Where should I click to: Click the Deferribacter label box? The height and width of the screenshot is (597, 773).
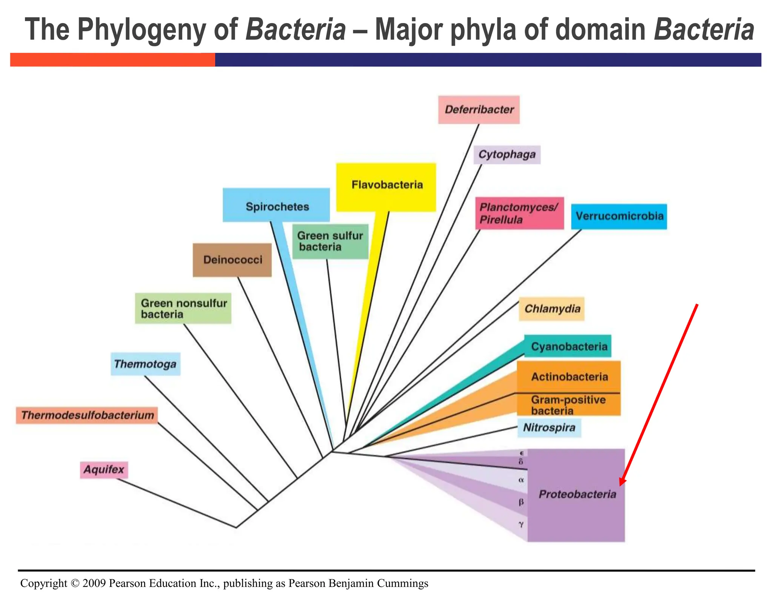click(479, 110)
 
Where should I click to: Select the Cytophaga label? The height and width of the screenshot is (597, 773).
click(507, 155)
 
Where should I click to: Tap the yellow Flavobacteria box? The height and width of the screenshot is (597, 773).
click(386, 186)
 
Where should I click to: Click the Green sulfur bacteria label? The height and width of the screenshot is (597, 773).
click(330, 242)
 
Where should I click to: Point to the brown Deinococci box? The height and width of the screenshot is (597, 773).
click(232, 260)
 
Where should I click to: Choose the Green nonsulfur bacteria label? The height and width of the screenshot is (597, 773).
click(183, 309)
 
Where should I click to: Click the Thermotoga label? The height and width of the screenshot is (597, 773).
click(145, 364)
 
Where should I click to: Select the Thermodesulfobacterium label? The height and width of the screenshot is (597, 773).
click(87, 415)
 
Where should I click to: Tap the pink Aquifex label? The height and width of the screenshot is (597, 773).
click(104, 470)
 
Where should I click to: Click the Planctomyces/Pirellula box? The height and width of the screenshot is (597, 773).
click(519, 213)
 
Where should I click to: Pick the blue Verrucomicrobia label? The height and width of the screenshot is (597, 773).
click(619, 216)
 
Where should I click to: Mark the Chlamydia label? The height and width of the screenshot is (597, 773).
click(552, 309)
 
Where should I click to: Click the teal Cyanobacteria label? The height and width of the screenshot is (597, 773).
click(569, 346)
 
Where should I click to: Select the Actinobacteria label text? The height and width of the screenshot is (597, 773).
click(569, 377)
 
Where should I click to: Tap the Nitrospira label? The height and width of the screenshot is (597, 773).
click(549, 428)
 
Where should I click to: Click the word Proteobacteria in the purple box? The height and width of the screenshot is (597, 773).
click(577, 494)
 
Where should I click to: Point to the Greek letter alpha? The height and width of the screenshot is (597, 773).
click(521, 480)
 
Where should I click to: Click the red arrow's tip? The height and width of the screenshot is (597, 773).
click(620, 485)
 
